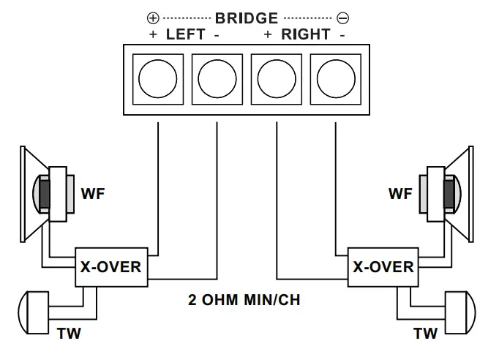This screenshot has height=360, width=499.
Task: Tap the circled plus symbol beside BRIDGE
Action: pyautogui.click(x=154, y=18)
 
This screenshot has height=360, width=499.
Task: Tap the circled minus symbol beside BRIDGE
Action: pyautogui.click(x=342, y=18)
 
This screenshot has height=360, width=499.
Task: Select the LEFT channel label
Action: pyautogui.click(x=185, y=34)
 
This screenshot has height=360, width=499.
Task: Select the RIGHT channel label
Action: pyautogui.click(x=306, y=34)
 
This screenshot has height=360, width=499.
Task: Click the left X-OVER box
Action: pyautogui.click(x=110, y=267)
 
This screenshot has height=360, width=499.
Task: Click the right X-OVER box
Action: pyautogui.click(x=383, y=267)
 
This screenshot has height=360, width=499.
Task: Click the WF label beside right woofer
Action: pyautogui.click(x=401, y=194)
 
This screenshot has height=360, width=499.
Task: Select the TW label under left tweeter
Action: pyautogui.click(x=69, y=334)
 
